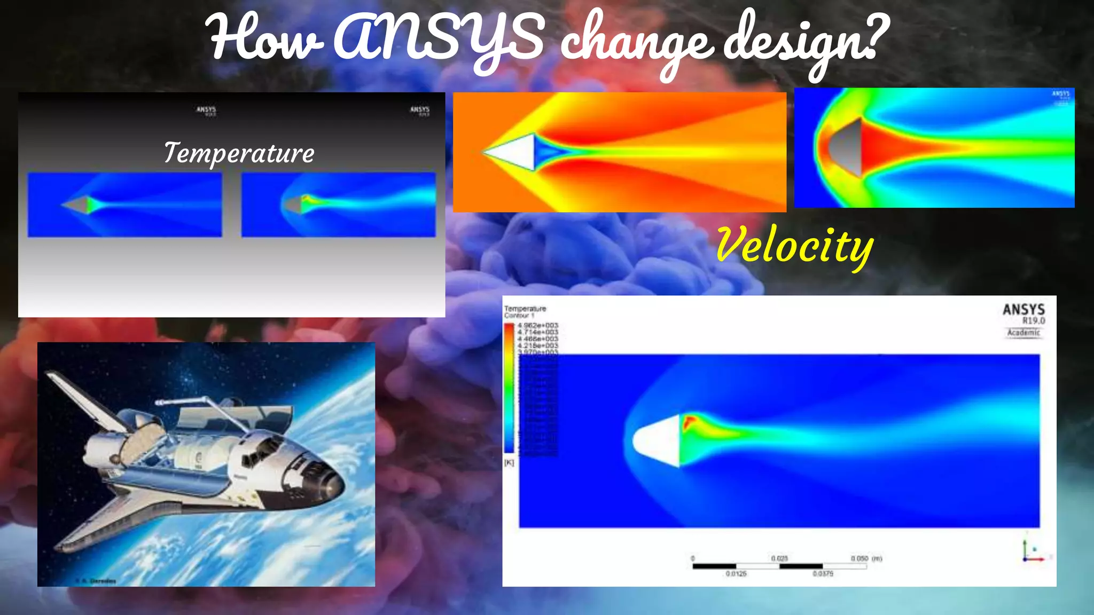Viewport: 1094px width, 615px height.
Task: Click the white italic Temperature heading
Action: [x=239, y=153]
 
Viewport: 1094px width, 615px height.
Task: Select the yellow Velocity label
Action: [x=794, y=246]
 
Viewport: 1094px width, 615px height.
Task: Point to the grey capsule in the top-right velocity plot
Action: [x=847, y=147]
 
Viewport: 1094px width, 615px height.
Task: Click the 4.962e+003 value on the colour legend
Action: [x=537, y=325]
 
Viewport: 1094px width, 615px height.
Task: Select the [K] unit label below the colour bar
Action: [x=509, y=462]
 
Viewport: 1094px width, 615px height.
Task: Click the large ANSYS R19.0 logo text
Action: [x=1023, y=310]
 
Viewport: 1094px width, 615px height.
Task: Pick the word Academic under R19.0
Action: [x=1023, y=333]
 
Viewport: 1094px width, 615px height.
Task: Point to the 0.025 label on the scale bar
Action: [x=779, y=558]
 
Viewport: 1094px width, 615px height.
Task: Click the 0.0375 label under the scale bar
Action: [x=823, y=574]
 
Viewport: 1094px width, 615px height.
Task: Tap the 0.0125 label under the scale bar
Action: [x=736, y=574]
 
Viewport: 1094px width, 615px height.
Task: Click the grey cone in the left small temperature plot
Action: [x=77, y=204]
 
